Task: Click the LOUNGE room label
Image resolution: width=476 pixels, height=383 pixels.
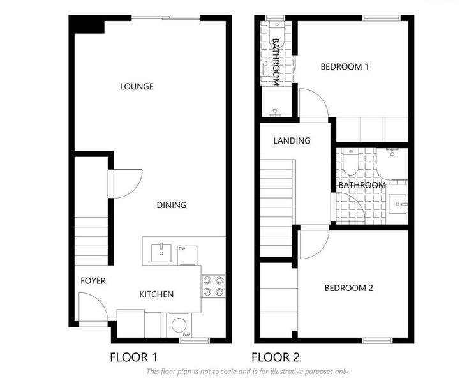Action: click(x=137, y=86)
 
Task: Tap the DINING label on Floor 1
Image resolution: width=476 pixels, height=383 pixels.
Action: click(x=172, y=205)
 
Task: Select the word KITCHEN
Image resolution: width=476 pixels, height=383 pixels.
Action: click(x=156, y=294)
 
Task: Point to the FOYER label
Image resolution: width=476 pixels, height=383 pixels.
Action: click(x=93, y=281)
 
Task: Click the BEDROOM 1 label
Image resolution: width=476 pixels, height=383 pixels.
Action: click(x=345, y=66)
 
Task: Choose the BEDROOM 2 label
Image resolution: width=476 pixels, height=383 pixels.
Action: click(x=348, y=288)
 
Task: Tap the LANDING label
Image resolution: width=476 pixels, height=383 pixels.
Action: click(x=292, y=140)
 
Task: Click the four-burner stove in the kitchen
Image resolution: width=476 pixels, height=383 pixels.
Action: click(x=213, y=285)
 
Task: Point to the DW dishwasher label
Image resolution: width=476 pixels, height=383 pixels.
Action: click(x=182, y=249)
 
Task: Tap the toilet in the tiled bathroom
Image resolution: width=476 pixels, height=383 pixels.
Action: click(x=350, y=163)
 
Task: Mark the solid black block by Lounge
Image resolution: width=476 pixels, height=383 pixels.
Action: click(x=87, y=25)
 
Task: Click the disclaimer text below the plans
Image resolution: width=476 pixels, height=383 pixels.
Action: click(x=248, y=371)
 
